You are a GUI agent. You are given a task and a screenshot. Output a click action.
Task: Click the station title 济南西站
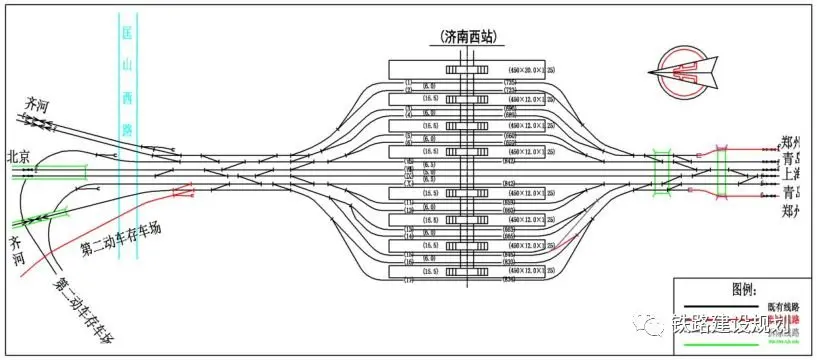click(x=469, y=36)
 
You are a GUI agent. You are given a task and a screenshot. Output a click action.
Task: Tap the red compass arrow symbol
click(x=684, y=73)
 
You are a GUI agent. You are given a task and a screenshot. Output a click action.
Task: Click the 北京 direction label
click(x=22, y=156)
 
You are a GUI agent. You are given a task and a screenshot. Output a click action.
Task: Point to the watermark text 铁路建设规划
click(x=730, y=327)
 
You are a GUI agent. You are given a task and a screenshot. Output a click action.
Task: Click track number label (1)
click(x=409, y=81)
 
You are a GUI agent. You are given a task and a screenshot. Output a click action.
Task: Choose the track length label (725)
click(x=509, y=81)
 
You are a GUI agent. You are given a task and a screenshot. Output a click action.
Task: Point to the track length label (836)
click(x=509, y=279)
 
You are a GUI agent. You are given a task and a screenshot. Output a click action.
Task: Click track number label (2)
click(x=409, y=90)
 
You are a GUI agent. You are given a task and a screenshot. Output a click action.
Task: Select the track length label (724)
click(x=509, y=90)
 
